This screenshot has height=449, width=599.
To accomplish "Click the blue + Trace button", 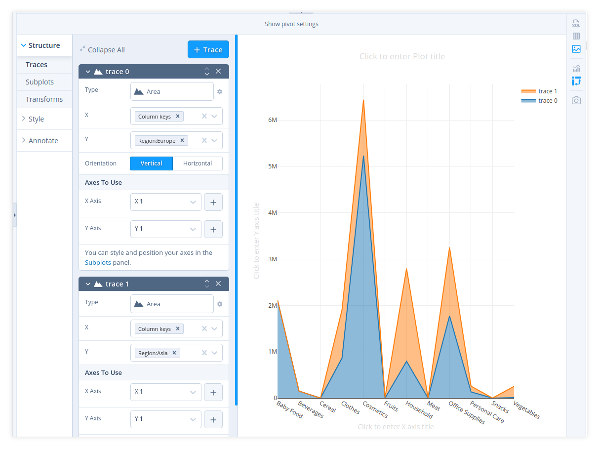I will click(x=208, y=49).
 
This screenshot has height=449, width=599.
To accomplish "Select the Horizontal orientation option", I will click(x=197, y=163).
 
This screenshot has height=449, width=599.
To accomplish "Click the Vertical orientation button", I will click(x=151, y=163).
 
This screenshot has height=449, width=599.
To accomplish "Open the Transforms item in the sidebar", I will click(x=44, y=99).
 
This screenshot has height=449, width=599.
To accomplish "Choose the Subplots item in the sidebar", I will click(x=40, y=82).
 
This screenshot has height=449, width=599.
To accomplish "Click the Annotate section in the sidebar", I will click(x=43, y=141).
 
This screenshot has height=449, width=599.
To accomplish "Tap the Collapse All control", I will click(x=102, y=50).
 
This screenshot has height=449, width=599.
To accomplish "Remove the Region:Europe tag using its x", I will click(x=182, y=141).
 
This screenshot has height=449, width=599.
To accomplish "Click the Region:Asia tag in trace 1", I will click(x=153, y=353).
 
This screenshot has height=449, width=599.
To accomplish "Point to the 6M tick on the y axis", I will click(x=272, y=120).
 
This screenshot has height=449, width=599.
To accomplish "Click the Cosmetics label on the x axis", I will click(x=375, y=409).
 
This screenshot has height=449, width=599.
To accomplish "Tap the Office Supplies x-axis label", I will click(x=467, y=412).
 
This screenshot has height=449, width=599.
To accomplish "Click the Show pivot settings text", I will click(x=291, y=24).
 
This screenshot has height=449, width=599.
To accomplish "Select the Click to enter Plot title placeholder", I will click(x=402, y=57).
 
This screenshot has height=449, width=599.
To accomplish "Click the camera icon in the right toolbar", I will click(x=576, y=101).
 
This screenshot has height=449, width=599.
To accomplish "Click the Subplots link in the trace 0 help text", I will click(x=98, y=263).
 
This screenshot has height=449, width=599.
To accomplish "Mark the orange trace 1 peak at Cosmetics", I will click(x=363, y=100).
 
